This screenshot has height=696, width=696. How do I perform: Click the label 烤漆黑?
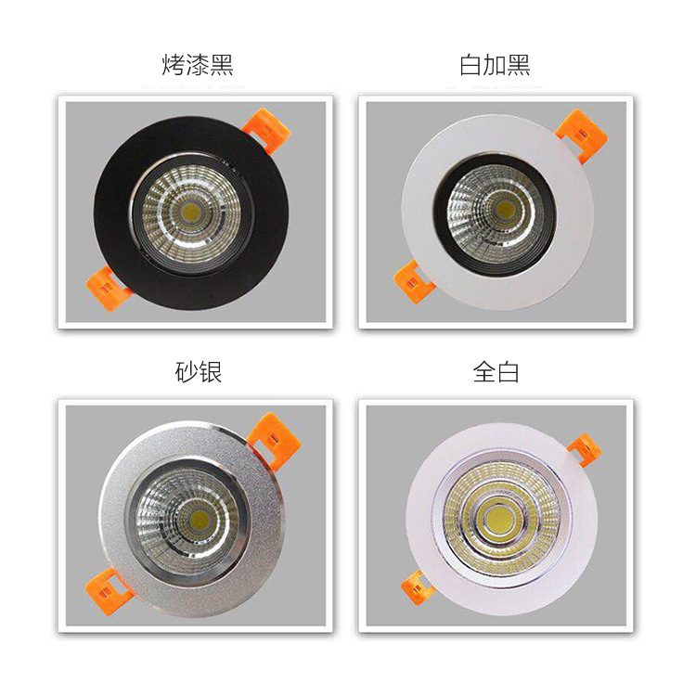(x=197, y=65)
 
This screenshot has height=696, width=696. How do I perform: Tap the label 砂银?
(x=198, y=371)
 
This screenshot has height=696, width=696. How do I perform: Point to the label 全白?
(x=496, y=371)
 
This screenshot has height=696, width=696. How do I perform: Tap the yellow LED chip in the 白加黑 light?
(x=505, y=208)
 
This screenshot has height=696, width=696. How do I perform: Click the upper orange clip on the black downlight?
(x=266, y=129)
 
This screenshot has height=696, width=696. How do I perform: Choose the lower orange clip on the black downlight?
(x=109, y=288)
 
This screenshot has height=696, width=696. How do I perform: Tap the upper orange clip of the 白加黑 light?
(x=584, y=135)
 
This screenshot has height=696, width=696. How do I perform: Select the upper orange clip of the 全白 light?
(x=585, y=450)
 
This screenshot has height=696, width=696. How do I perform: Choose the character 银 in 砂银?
(x=210, y=371)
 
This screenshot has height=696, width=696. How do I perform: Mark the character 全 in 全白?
(x=483, y=371)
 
